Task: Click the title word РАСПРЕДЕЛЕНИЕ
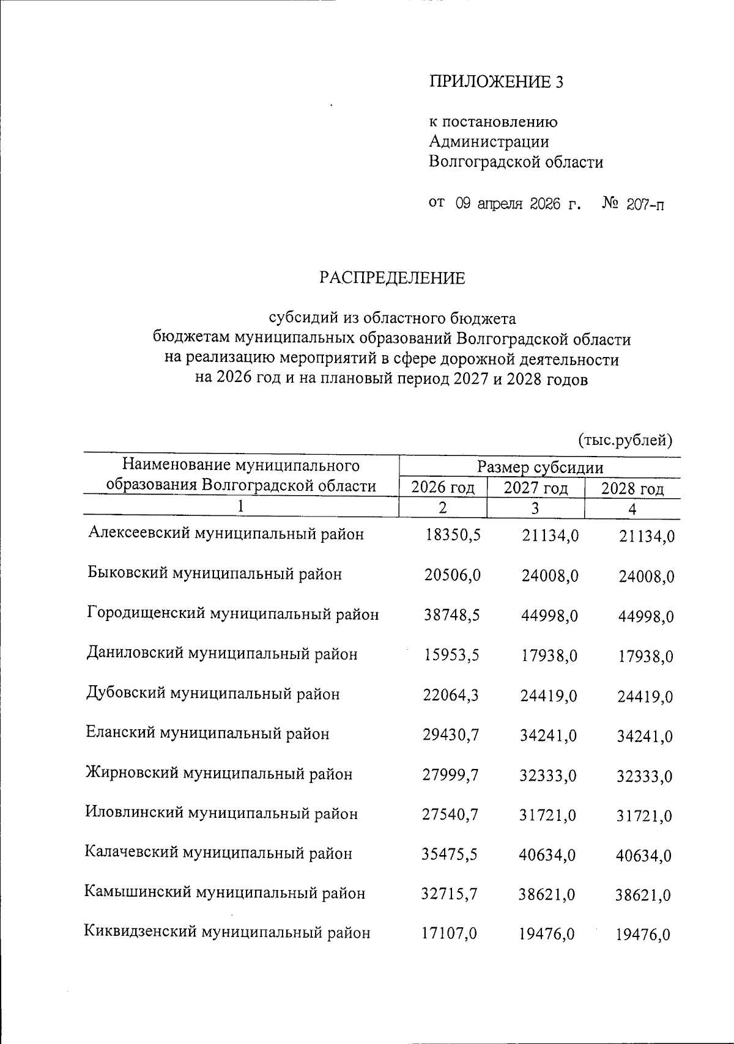(x=391, y=279)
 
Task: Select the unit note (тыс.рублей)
(x=625, y=439)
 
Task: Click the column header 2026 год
(x=443, y=488)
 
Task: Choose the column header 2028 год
(x=632, y=489)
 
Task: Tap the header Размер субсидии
(x=539, y=468)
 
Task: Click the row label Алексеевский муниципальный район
(x=226, y=534)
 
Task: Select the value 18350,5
(x=453, y=535)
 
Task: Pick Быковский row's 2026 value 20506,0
(x=452, y=575)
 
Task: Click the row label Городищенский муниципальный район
(x=232, y=614)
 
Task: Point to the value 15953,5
(x=451, y=655)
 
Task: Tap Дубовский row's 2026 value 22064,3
(x=451, y=695)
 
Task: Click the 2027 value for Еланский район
(x=548, y=736)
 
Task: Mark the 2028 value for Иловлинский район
(x=645, y=816)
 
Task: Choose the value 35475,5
(x=450, y=855)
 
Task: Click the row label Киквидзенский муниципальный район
(x=227, y=933)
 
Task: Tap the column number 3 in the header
(x=535, y=508)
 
